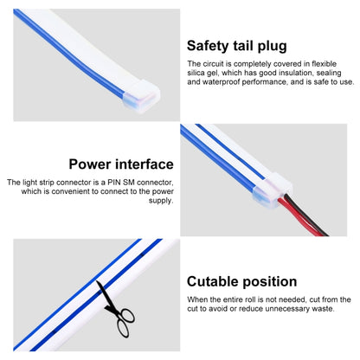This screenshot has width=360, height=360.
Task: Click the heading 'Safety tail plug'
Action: click(x=237, y=46)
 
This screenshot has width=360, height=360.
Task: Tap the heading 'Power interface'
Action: click(x=121, y=164)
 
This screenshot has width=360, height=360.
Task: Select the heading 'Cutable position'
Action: click(x=241, y=281)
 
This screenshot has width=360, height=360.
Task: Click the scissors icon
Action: click(x=115, y=309)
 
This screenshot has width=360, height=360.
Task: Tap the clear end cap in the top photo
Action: click(x=141, y=96)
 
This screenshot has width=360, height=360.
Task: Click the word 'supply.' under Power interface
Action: click(x=161, y=201)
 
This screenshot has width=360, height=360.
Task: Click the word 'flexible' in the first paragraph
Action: click(x=324, y=64)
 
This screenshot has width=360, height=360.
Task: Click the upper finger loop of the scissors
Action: click(x=127, y=315)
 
